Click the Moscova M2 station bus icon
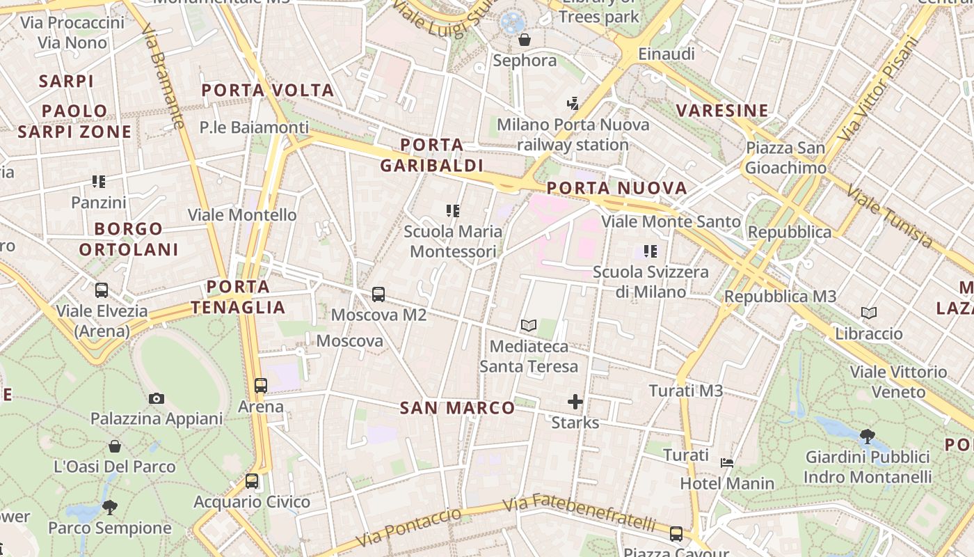[378, 295]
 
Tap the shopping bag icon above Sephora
[525, 40]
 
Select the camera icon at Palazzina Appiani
[157, 398]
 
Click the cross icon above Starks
[575, 402]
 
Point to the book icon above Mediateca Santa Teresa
[529, 325]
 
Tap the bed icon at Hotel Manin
[727, 462]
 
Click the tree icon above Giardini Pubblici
[867, 437]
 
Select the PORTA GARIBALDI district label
[432, 155]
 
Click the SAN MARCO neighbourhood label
[458, 408]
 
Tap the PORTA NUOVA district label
[617, 188]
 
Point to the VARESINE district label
[723, 110]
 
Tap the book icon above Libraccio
[869, 313]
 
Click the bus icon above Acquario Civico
[252, 481]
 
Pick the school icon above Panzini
[99, 182]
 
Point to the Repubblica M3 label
[780, 297]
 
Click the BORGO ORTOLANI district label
[129, 239]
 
